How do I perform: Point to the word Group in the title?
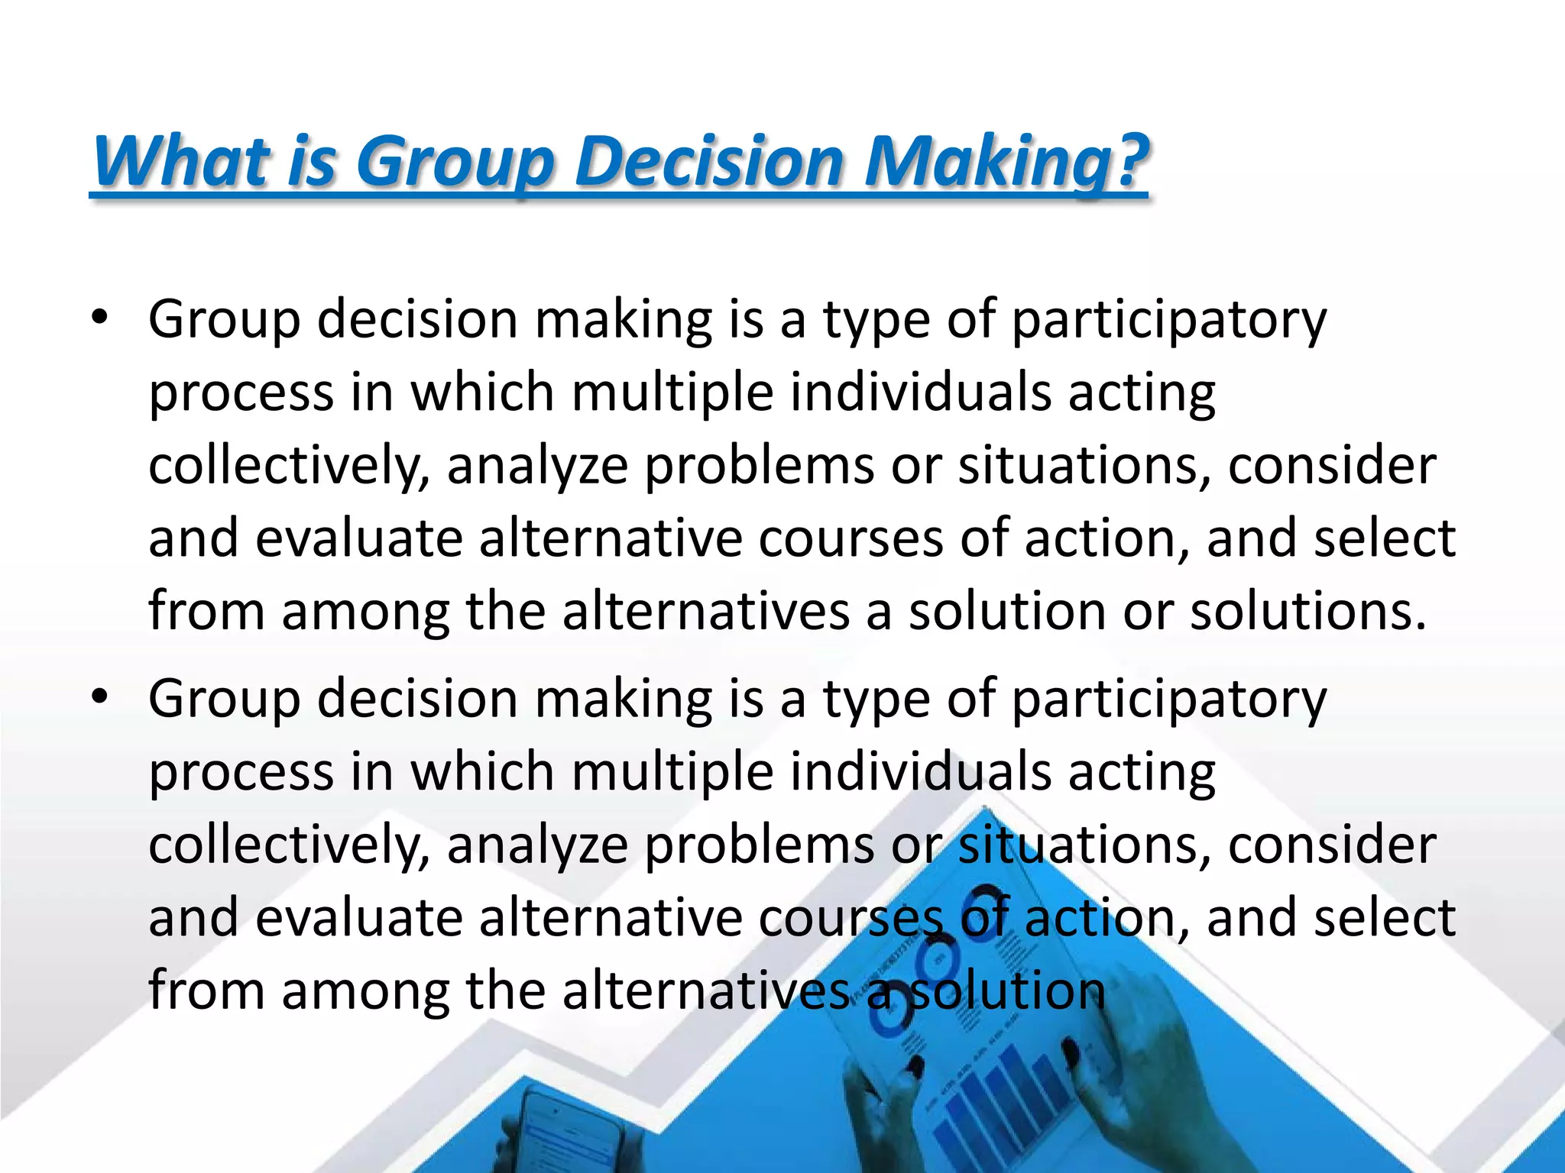pyautogui.click(x=454, y=161)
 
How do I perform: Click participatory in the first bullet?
pyautogui.click(x=1169, y=319)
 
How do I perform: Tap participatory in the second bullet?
pyautogui.click(x=1169, y=698)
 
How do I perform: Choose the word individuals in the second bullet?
pyautogui.click(x=920, y=771)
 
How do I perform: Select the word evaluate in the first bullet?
pyautogui.click(x=359, y=538)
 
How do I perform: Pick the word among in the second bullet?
pyautogui.click(x=365, y=990)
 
